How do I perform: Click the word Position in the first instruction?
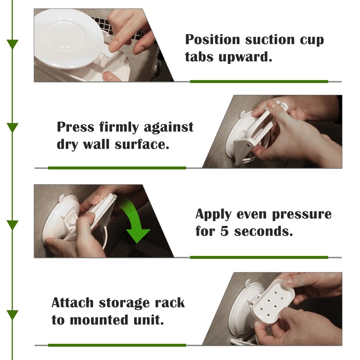pos(212,40)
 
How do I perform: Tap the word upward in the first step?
pos(245,57)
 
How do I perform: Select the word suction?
pos(270,40)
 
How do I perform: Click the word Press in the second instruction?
pos(76,127)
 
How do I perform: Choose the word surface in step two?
pos(142,144)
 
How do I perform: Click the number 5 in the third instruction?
pos(225,231)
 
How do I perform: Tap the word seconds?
pos(263,231)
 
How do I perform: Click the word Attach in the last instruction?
pos(72,302)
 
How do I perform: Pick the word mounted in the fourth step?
pos(99,320)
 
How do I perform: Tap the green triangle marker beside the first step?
pos(13,44)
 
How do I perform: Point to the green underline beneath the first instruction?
pos(259,81)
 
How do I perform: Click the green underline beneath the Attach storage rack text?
pos(117,345)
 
